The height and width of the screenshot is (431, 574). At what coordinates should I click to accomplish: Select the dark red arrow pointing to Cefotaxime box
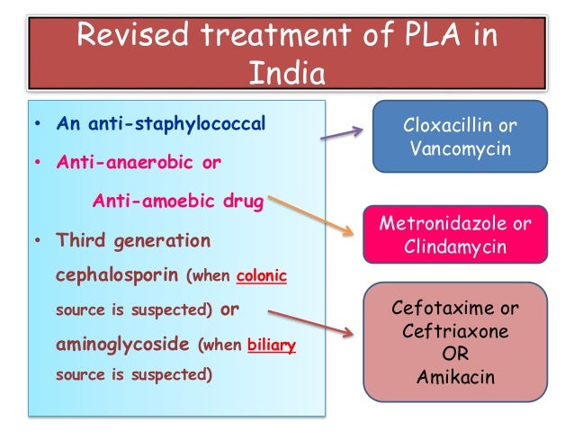[x=311, y=323]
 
